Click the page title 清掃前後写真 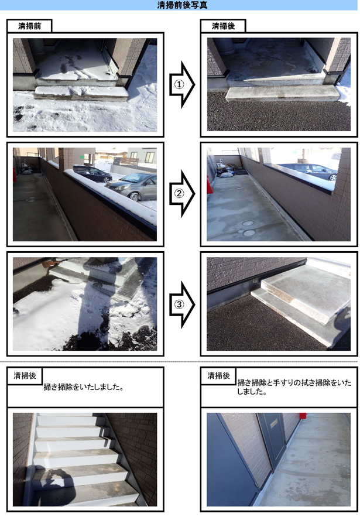point(183,5)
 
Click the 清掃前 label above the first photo point(30,26)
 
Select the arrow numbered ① point(182,84)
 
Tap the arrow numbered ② point(182,194)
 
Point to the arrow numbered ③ point(182,304)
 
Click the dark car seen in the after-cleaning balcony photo point(308,172)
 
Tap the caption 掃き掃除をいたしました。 point(84,387)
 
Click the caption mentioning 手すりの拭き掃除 point(294,387)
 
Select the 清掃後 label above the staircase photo point(25,376)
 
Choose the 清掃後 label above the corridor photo point(218,376)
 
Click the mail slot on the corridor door point(274,423)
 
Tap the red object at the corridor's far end point(303,416)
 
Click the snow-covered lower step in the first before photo point(81,93)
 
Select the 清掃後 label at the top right point(223,26)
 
